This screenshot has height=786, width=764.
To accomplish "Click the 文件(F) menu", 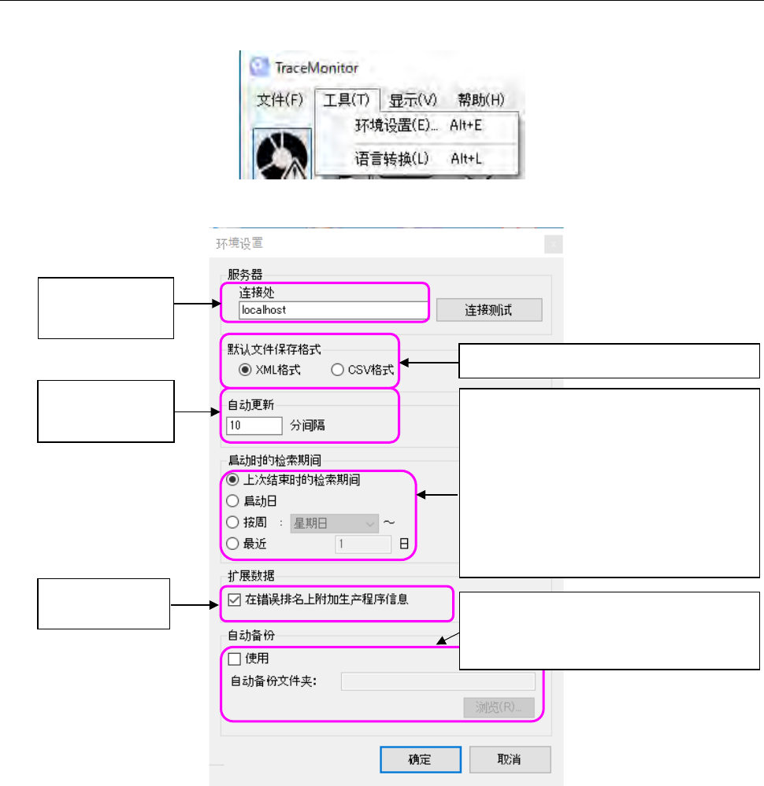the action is point(280,100).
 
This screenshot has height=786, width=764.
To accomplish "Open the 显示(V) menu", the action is point(414,100).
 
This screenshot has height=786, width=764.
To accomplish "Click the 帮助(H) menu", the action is point(480,100).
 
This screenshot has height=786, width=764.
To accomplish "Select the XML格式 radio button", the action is point(244,370).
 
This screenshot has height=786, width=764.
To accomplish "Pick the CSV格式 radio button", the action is point(338,370).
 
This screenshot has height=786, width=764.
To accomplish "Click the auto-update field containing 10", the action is point(254,426).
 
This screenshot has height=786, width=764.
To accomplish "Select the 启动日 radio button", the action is point(232,500).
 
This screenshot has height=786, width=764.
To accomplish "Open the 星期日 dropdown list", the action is point(334,522).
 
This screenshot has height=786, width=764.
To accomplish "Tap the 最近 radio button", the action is point(232,543).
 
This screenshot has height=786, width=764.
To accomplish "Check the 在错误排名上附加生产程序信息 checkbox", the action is point(234,600).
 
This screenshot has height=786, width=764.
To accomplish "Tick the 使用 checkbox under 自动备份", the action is point(234,658).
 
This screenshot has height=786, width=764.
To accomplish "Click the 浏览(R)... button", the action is point(499,707).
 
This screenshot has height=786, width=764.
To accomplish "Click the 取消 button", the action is point(510,759).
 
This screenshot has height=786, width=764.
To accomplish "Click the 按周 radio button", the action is point(232,522).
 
